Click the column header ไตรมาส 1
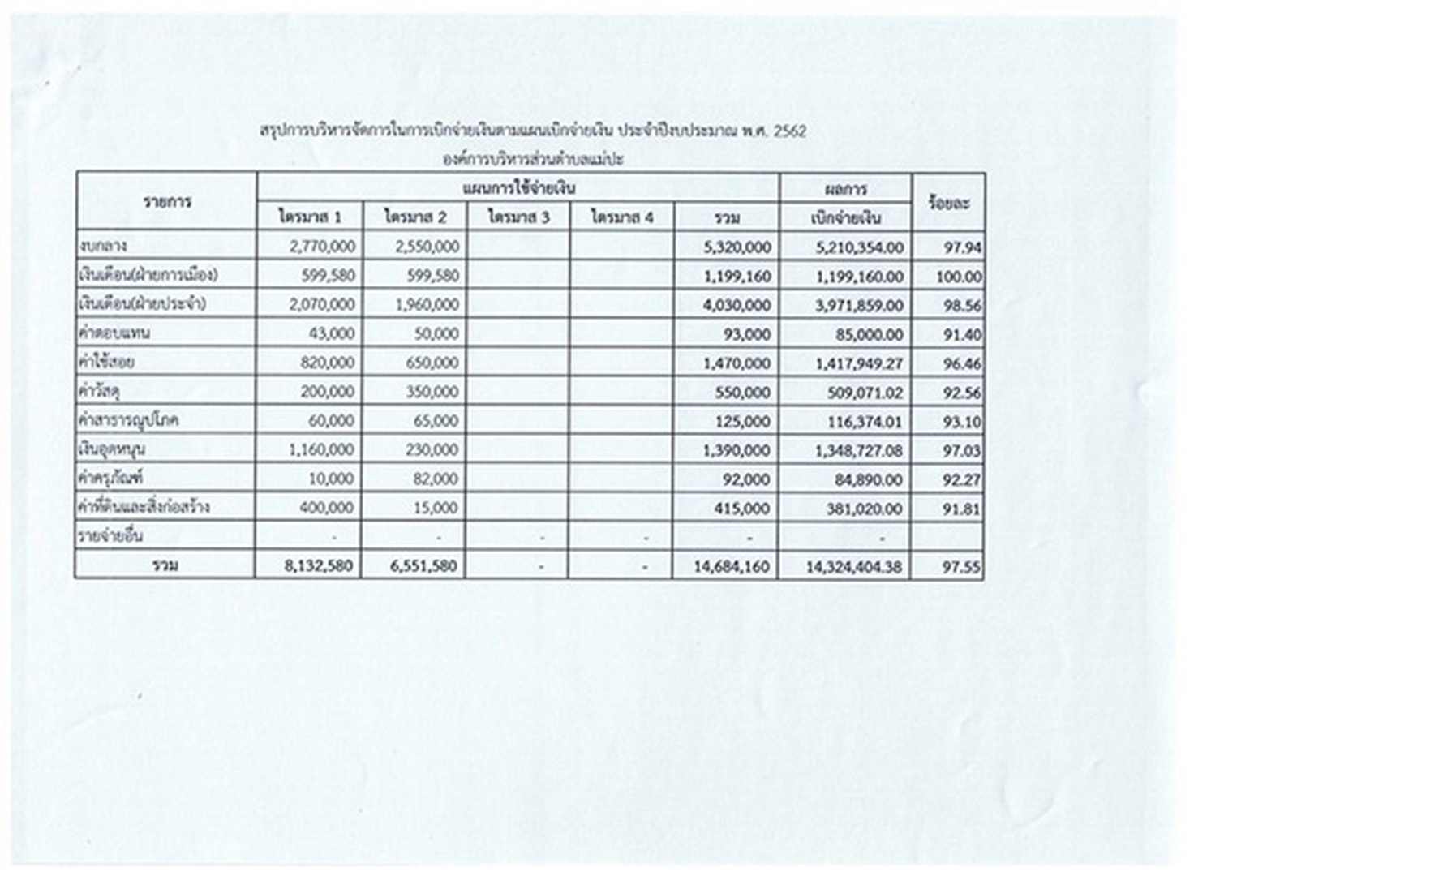310,217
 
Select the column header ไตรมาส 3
518,217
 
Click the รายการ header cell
167,202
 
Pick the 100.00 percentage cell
958,277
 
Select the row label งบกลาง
103,246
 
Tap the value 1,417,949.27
859,363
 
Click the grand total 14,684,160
731,566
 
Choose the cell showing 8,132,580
319,565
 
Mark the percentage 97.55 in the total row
961,567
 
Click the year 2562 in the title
790,131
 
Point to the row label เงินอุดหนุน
112,449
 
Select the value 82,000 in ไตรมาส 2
436,479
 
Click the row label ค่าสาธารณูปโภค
128,420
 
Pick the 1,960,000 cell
427,305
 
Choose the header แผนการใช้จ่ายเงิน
518,188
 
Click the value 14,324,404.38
853,567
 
